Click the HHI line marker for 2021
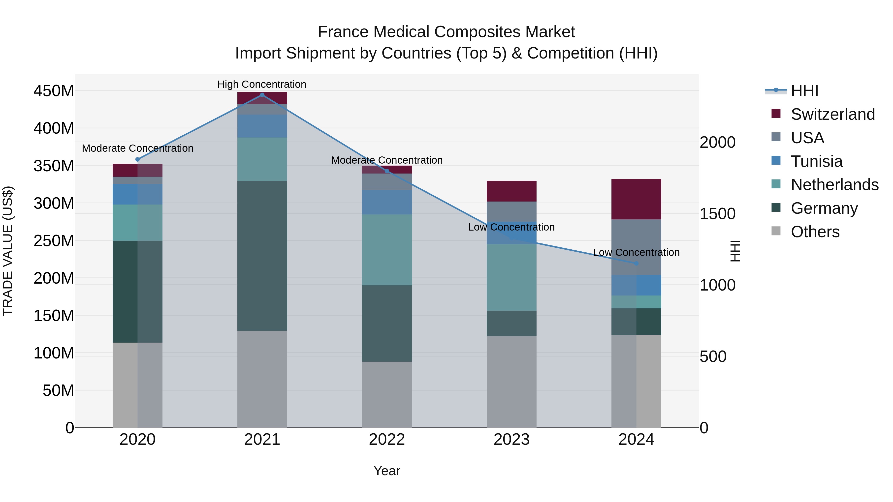[262, 95]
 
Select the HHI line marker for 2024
[636, 263]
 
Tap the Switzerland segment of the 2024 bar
[636, 199]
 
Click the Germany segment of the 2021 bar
[262, 256]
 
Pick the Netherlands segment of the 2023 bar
[511, 277]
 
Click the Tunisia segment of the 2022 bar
[387, 202]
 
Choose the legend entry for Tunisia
[816, 161]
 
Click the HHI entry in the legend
[804, 91]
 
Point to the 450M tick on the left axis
[54, 91]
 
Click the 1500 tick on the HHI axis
[717, 214]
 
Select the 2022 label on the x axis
[387, 440]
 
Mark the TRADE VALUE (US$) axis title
[8, 251]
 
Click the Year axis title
[387, 471]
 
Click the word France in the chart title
[344, 32]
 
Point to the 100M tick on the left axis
[54, 353]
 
